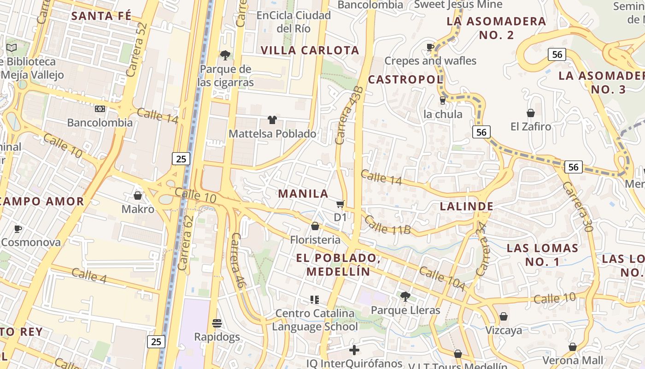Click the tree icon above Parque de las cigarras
(x=225, y=55)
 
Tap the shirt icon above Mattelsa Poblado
(x=272, y=120)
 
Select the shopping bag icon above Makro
(x=137, y=196)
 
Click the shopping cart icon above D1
(x=340, y=204)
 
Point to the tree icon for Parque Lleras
(x=405, y=296)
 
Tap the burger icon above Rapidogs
(x=217, y=323)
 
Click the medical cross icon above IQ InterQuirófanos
(x=354, y=350)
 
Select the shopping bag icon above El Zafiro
(x=530, y=113)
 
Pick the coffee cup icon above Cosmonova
(x=18, y=229)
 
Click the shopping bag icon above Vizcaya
(x=504, y=316)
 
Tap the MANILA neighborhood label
(x=303, y=194)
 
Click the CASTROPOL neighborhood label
(x=405, y=79)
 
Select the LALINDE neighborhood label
(x=466, y=206)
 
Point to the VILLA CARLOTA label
(x=310, y=50)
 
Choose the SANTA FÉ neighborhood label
(x=101, y=16)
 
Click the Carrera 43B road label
(x=349, y=116)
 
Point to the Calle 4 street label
(x=90, y=275)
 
